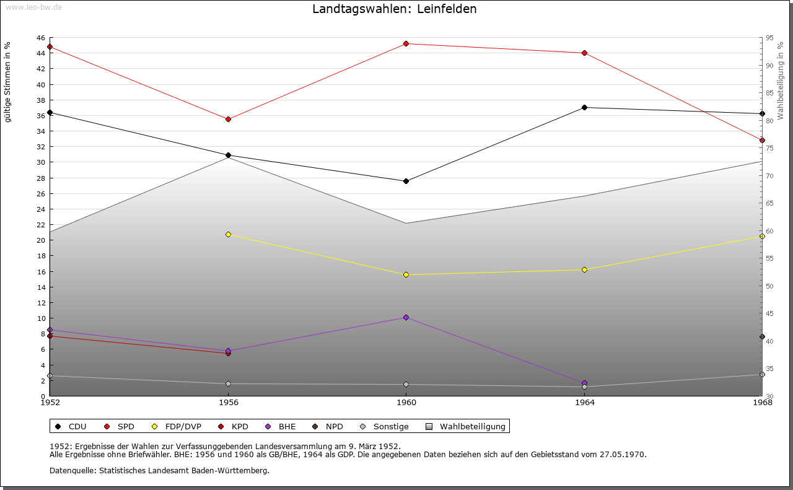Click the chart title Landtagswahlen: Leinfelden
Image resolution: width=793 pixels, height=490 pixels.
tap(395, 9)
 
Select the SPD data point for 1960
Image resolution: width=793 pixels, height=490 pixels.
tap(406, 43)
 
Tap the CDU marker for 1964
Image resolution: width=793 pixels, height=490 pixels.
tap(584, 107)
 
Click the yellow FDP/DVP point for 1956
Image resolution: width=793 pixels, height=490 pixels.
tap(228, 234)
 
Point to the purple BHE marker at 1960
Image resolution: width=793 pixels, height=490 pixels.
tap(406, 317)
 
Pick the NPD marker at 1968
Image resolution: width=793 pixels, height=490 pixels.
tap(762, 336)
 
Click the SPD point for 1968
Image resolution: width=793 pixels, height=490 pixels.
tap(762, 140)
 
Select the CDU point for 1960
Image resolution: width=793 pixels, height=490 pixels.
tap(406, 181)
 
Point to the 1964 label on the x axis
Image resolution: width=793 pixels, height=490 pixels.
tap(584, 403)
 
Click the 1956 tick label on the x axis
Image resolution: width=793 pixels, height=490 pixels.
tap(228, 403)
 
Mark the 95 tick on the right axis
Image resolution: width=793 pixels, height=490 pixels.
tap(769, 38)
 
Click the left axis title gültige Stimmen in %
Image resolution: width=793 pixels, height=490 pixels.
tap(8, 82)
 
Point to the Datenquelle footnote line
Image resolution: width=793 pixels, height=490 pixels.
tap(159, 470)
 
